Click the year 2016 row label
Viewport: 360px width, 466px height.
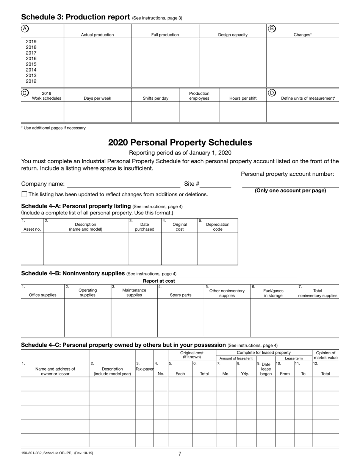[31, 59]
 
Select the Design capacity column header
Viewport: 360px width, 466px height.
[233, 35]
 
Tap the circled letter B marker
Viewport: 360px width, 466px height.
[272, 28]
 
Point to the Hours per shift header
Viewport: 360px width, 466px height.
[243, 99]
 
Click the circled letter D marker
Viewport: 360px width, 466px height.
[272, 93]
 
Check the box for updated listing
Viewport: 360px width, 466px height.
[25, 194]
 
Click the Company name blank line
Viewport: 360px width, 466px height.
[124, 185]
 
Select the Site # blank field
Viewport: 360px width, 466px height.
[215, 185]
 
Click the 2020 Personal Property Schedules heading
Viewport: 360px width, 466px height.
[180, 142]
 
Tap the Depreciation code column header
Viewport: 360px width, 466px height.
[218, 227]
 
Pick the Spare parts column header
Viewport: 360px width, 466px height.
[180, 295]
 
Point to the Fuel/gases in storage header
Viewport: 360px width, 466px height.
[273, 293]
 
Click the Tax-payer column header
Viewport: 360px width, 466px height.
[144, 369]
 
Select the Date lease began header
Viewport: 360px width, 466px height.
[266, 369]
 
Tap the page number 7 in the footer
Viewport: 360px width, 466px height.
[180, 454]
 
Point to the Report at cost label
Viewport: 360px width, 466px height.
[159, 281]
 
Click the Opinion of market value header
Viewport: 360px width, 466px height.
[326, 355]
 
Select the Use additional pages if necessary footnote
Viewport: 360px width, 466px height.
[53, 128]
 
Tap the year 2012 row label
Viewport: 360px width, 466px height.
[31, 81]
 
